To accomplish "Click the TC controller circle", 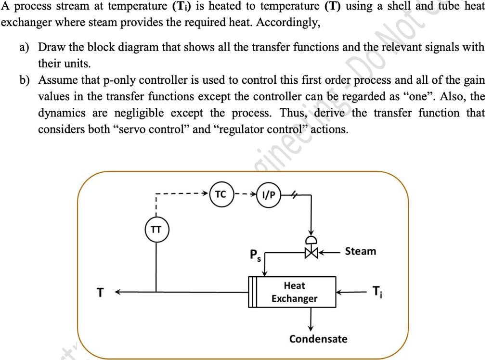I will [x=221, y=195].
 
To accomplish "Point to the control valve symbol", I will [x=311, y=251].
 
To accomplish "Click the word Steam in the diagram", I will [x=361, y=251].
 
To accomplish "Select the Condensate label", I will [x=318, y=339].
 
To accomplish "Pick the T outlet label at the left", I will [x=100, y=292].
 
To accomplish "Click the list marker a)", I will [x=24, y=48].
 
